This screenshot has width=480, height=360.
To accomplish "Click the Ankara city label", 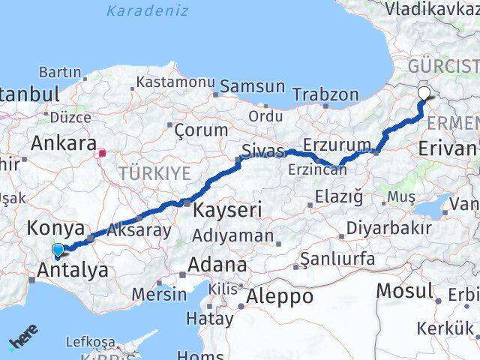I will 63,142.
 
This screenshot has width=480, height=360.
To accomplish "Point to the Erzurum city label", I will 337,145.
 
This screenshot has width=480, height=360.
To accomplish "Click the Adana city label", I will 217,265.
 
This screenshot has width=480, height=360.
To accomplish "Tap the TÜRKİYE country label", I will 154,174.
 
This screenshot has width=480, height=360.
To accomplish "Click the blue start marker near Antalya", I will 58,250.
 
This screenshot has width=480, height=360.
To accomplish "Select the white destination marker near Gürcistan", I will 424,94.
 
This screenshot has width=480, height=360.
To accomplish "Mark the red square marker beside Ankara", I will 102,154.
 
